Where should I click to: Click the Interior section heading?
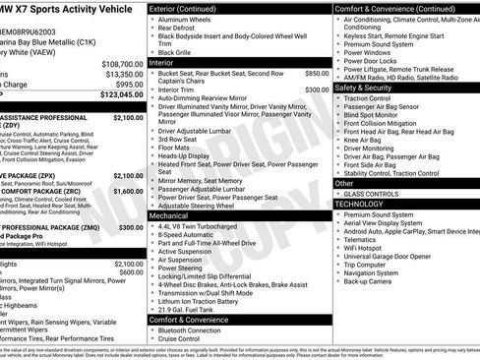pyautogui.click(x=161, y=62)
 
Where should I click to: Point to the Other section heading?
pyautogui.click(x=344, y=183)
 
